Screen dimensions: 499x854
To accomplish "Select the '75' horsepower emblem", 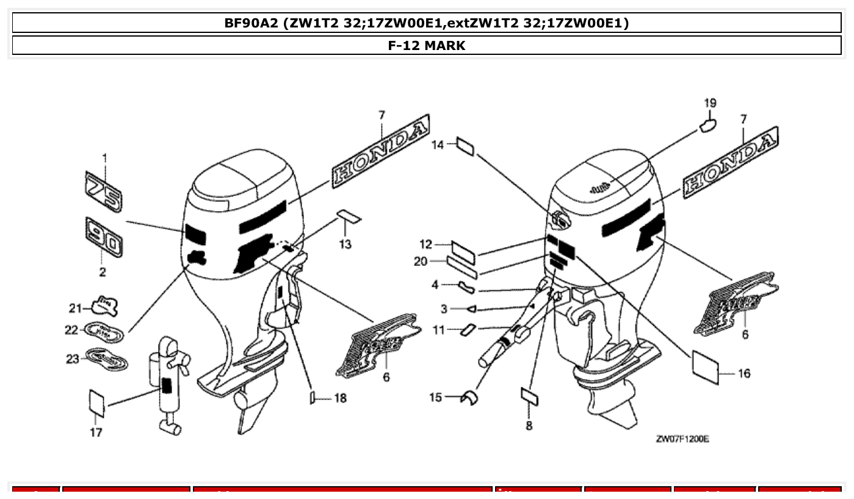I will pos(103,192).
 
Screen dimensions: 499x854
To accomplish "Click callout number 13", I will pos(346,245).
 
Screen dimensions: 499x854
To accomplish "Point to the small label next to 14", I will pos(465,147).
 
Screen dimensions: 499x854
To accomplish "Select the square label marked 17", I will pos(97,403).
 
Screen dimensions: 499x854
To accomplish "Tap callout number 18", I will pos(340,398).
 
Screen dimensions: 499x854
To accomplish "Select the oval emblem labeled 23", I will pos(107,359).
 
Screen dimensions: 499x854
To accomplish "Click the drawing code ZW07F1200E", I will pos(682,439).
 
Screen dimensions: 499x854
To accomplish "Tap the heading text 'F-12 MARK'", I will pos(427,45).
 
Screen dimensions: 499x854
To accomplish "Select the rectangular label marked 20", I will pos(462,264).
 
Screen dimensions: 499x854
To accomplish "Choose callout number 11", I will pos(439,330).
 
